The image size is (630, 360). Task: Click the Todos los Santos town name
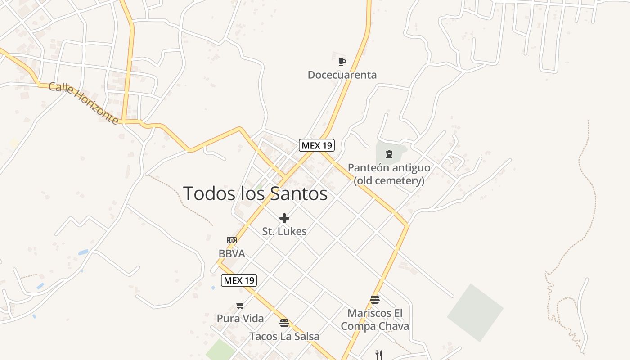[x=255, y=193]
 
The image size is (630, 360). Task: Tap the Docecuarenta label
[x=342, y=75]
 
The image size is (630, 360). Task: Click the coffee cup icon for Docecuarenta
[x=342, y=62]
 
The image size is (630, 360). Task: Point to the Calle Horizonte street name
[x=83, y=103]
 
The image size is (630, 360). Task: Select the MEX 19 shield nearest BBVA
[x=239, y=280]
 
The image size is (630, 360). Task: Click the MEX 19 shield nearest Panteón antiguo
[x=317, y=145]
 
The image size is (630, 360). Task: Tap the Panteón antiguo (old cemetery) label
[x=389, y=174]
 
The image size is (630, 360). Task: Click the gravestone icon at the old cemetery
[x=389, y=154]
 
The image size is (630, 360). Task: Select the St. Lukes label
[x=284, y=231]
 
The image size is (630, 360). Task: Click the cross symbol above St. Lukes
[x=284, y=219]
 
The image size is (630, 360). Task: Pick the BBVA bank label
[x=232, y=254]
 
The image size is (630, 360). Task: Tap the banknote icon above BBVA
[x=232, y=240]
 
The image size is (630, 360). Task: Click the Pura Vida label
[x=240, y=319]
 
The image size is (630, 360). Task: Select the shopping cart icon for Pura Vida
[x=240, y=306]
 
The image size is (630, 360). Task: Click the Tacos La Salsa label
[x=284, y=336]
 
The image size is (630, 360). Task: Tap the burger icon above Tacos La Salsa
[x=284, y=323]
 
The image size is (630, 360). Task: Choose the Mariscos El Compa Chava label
[x=375, y=319]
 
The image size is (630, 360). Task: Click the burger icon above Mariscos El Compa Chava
[x=375, y=300]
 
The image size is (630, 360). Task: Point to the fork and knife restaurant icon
[x=379, y=355]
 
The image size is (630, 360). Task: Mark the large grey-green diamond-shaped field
[x=475, y=312]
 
